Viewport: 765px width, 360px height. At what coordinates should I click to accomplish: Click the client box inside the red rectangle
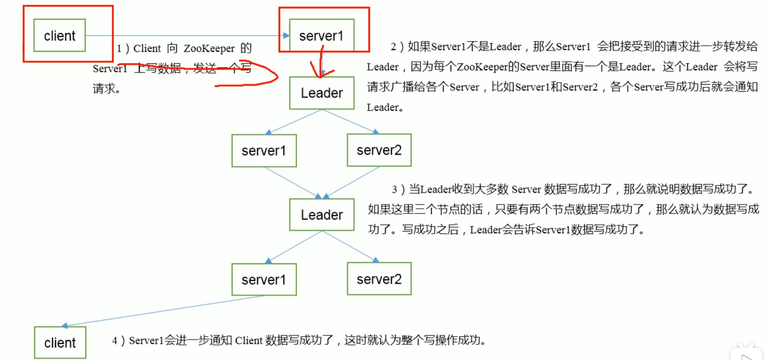pyautogui.click(x=60, y=35)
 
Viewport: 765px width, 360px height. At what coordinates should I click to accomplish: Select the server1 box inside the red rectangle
pyautogui.click(x=322, y=35)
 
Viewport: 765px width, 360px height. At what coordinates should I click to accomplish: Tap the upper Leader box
pyautogui.click(x=322, y=93)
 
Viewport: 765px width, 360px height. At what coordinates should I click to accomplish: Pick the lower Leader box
pyautogui.click(x=322, y=215)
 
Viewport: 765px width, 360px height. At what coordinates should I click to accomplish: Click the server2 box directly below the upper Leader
pyautogui.click(x=379, y=150)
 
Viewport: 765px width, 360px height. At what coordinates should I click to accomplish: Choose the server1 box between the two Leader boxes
pyautogui.click(x=264, y=150)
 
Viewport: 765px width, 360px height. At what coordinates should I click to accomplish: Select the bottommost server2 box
pyautogui.click(x=379, y=279)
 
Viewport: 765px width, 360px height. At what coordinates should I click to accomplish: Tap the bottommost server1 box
pyautogui.click(x=264, y=279)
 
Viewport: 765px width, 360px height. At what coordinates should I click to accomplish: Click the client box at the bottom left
pyautogui.click(x=60, y=343)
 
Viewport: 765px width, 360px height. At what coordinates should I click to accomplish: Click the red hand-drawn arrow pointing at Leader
pyautogui.click(x=321, y=65)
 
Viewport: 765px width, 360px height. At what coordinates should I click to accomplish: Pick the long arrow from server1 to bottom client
pyautogui.click(x=164, y=311)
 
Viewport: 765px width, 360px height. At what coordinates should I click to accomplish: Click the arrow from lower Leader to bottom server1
pyautogui.click(x=295, y=247)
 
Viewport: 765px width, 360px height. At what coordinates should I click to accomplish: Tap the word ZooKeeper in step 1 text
pyautogui.click(x=209, y=48)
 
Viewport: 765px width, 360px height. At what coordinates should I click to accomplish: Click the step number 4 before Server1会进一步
pyautogui.click(x=115, y=341)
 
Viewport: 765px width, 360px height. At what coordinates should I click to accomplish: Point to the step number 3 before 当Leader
pyautogui.click(x=395, y=189)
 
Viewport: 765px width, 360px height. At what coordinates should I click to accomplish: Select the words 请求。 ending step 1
pyautogui.click(x=106, y=89)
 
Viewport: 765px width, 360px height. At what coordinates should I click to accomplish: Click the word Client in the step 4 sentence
pyautogui.click(x=249, y=341)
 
